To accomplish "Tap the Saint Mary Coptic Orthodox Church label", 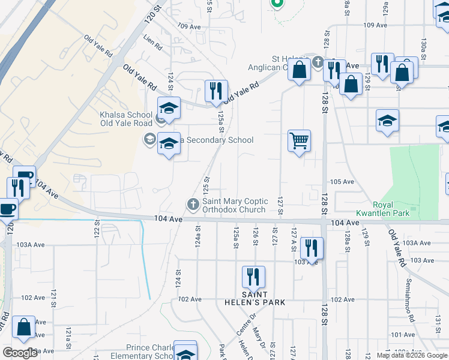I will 234,205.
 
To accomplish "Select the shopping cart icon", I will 299,142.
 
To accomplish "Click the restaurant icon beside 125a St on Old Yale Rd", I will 217,91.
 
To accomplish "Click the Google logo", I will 20,353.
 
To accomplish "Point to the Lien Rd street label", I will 153,45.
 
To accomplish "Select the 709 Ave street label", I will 189,26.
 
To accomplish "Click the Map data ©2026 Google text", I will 411,355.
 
